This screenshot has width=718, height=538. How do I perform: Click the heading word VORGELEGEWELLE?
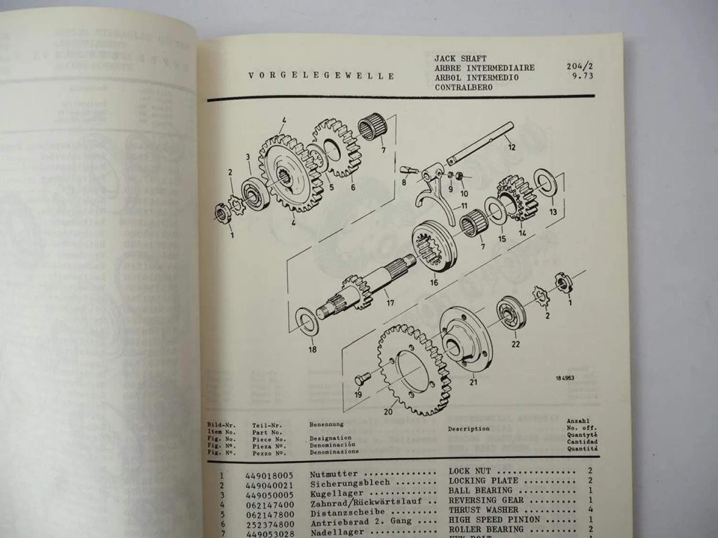click(321, 76)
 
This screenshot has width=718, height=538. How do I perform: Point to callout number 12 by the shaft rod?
click(512, 147)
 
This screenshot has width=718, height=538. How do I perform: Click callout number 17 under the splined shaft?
click(391, 303)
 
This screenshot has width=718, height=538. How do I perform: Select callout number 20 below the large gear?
click(388, 412)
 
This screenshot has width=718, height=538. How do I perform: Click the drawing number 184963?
click(565, 378)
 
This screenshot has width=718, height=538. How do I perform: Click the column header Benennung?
click(326, 424)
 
